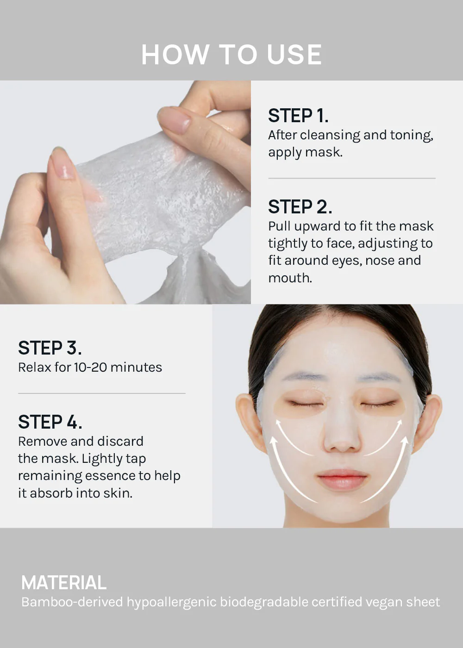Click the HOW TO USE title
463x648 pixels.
coord(231,55)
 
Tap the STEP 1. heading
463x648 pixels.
coord(298,116)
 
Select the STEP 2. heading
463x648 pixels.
coord(300,207)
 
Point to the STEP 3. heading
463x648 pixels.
coord(50,348)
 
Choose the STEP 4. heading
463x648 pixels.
coord(50,422)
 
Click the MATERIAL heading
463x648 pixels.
coord(64,583)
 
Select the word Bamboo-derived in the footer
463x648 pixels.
coord(72,602)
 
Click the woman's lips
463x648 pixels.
coord(342,480)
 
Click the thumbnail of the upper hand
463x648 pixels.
coord(175,120)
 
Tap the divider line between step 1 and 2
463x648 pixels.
coord(352,178)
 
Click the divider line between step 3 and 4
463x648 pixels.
coord(102,393)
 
